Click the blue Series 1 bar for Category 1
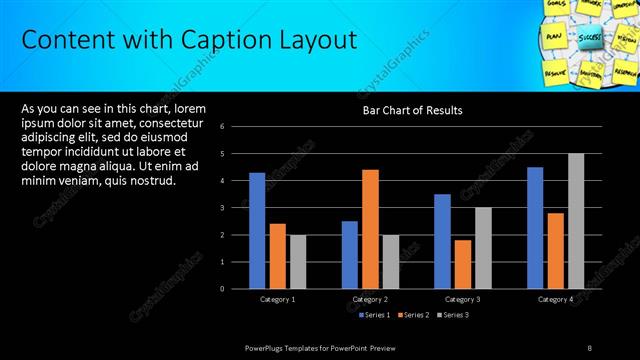click(x=257, y=230)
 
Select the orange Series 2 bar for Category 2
click(x=370, y=229)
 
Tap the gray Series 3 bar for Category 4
click(x=576, y=221)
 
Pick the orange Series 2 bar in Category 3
click(x=462, y=264)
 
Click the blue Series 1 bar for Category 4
click(x=535, y=228)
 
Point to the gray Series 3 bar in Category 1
click(x=298, y=262)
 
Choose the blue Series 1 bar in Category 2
click(x=350, y=255)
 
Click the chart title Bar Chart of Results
click(x=412, y=110)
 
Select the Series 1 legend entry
click(x=374, y=315)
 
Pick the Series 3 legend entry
click(x=453, y=315)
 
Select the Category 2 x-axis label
click(x=371, y=299)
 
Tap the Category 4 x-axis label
click(x=555, y=299)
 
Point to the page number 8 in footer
click(x=590, y=346)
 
